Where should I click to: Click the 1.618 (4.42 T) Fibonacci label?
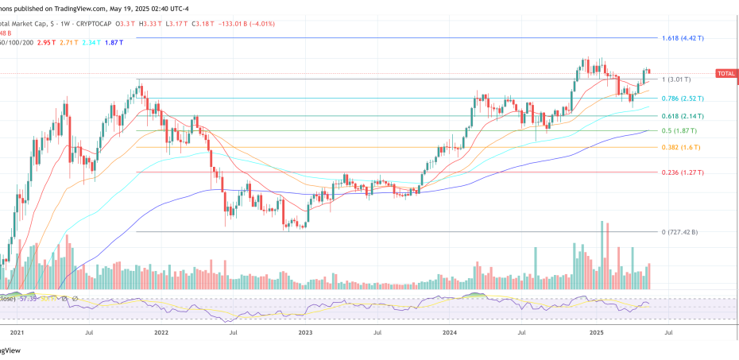(683, 38)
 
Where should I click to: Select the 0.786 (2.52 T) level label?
(683, 99)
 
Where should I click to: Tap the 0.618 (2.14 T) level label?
(683, 116)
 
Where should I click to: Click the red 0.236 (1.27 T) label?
(683, 172)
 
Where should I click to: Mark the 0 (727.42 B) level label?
(679, 232)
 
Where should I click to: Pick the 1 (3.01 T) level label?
(676, 79)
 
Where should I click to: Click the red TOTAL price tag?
(726, 73)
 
